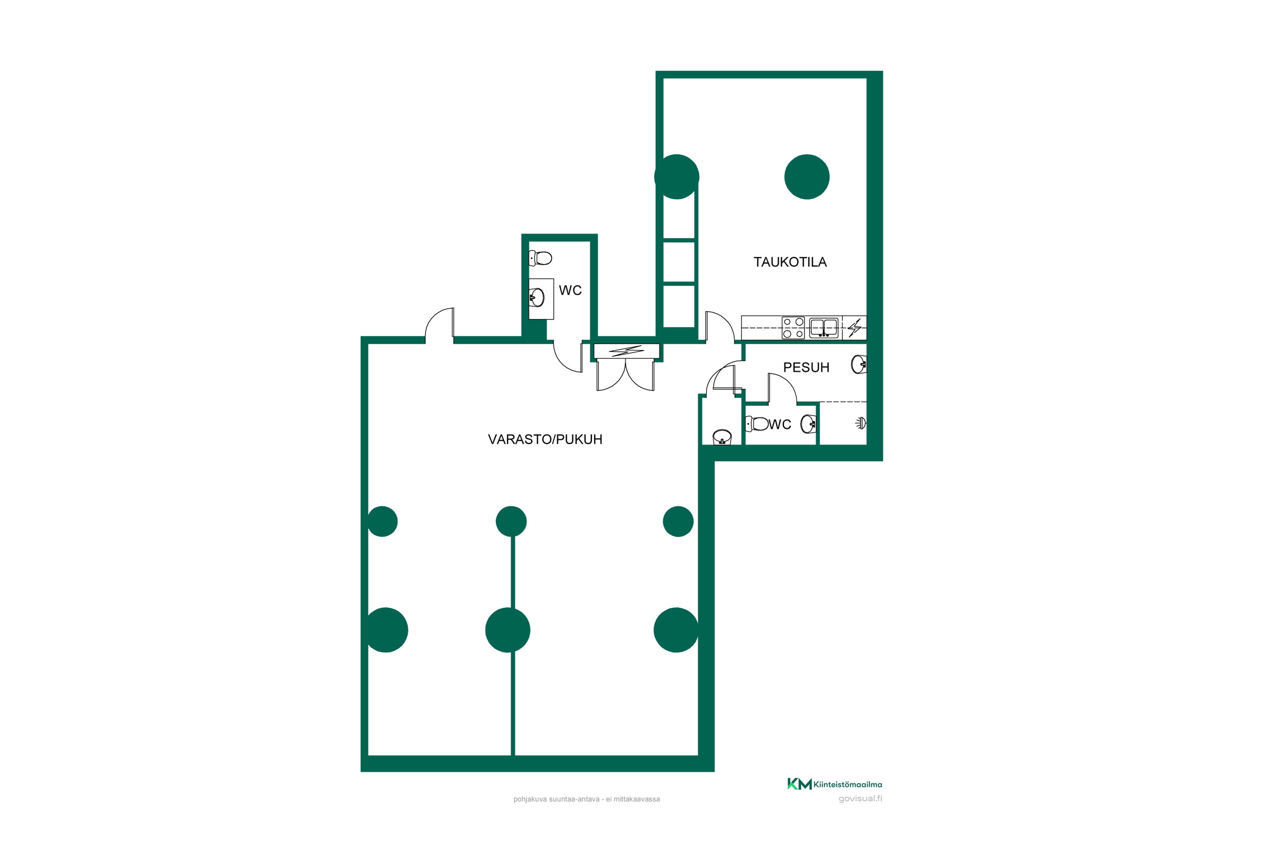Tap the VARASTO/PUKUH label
tap(545, 439)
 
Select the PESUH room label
tap(806, 367)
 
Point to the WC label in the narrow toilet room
tap(570, 290)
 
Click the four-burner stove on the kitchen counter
tap(793, 328)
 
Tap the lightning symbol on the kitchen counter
tap(854, 328)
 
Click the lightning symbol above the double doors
tap(626, 350)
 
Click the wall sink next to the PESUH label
tap(859, 365)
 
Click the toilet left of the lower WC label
tap(757, 423)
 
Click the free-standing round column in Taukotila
tap(807, 177)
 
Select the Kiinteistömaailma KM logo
tap(835, 784)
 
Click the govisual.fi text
tap(860, 799)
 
